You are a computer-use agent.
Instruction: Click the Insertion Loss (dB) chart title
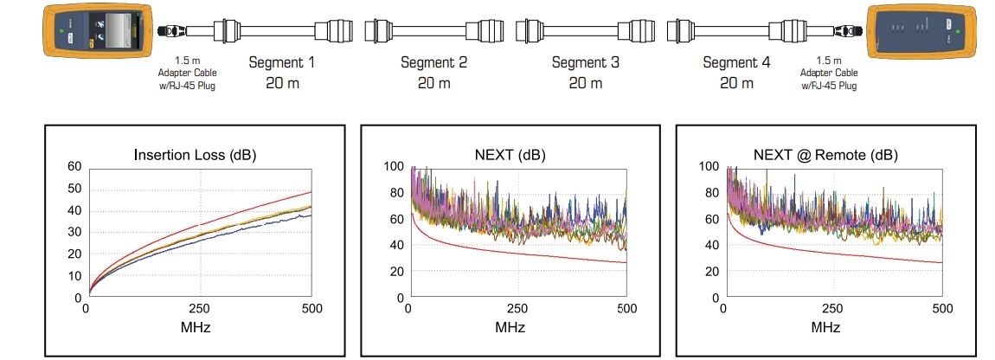click(x=195, y=155)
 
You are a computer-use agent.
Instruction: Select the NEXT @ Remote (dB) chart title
click(x=825, y=155)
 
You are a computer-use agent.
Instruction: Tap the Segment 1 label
click(x=283, y=63)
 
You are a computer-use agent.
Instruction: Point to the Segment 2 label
click(x=433, y=63)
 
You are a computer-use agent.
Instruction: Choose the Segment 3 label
click(x=585, y=63)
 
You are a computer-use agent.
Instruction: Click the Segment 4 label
click(x=736, y=63)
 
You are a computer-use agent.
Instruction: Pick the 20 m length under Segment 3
click(x=585, y=83)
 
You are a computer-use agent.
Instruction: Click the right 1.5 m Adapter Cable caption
click(x=829, y=74)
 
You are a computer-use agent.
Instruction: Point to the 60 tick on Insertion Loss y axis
click(x=74, y=166)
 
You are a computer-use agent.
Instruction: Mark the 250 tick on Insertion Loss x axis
click(x=201, y=309)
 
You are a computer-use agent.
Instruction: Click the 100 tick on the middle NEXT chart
click(x=394, y=166)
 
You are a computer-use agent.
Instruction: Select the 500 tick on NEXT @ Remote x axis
click(x=940, y=309)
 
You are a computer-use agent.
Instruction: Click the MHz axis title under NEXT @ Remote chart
click(x=825, y=328)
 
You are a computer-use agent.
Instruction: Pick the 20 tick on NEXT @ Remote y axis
click(x=711, y=271)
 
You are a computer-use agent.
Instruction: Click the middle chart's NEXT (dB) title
click(x=510, y=155)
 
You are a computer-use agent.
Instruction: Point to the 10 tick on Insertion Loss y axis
click(x=74, y=275)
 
